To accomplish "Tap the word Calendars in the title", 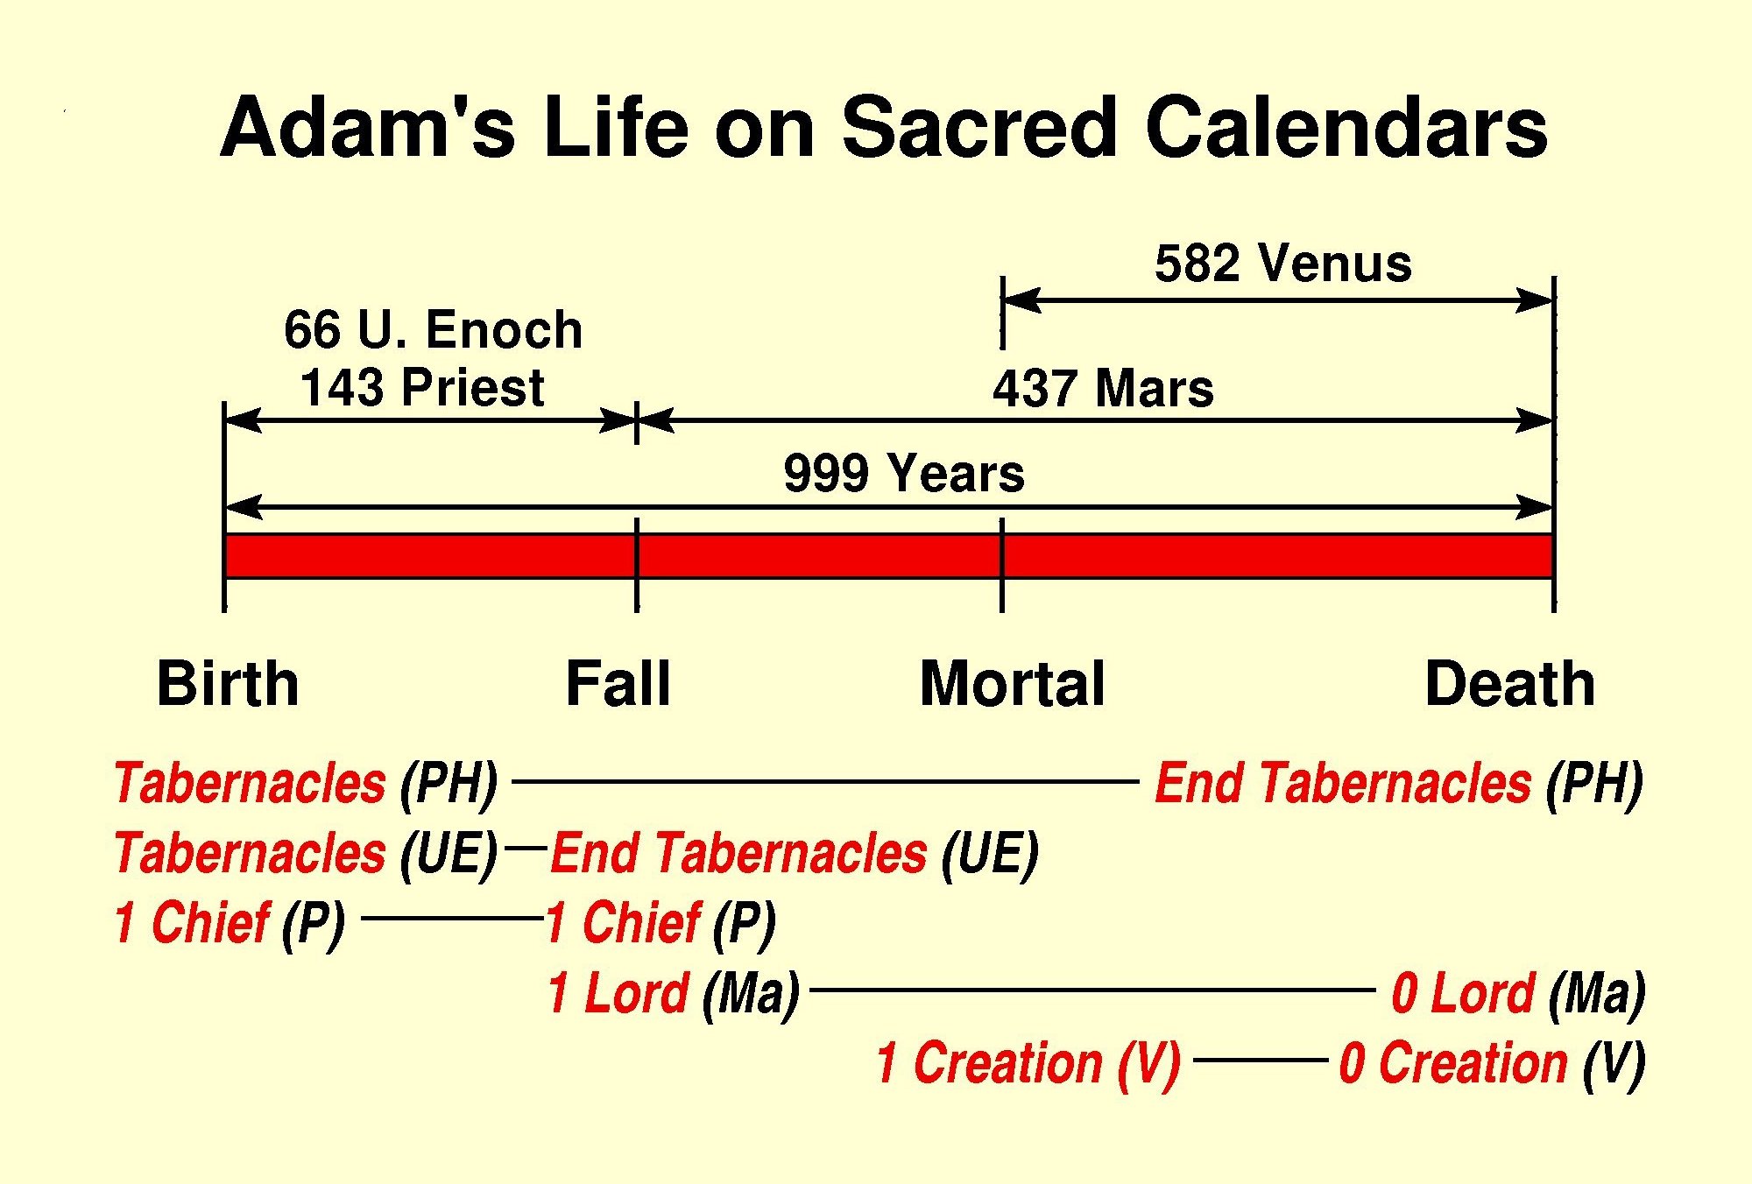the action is point(1346,128).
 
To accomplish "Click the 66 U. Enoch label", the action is point(433,330).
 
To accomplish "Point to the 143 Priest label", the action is point(422,387).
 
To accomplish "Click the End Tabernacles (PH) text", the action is point(1399,784).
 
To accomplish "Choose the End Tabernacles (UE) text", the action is point(795,854).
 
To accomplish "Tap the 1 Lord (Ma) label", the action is point(674,994).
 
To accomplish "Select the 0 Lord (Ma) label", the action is point(1519,994).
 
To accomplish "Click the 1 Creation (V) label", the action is point(1028,1064).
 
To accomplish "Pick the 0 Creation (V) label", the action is point(1493,1064).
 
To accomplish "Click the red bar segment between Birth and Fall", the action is point(430,556).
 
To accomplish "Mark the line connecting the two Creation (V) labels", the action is point(1261,1060).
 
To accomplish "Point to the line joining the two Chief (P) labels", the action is point(453,918).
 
